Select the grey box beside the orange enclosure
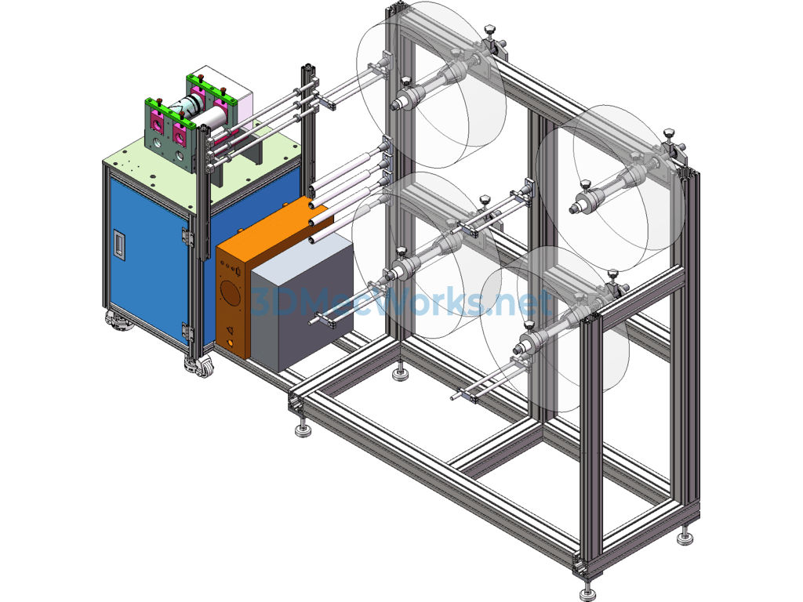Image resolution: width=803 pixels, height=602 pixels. coord(302,302)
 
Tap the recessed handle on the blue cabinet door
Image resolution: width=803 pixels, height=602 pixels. coord(119,244)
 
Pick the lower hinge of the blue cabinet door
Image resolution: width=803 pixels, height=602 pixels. coord(187,332)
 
